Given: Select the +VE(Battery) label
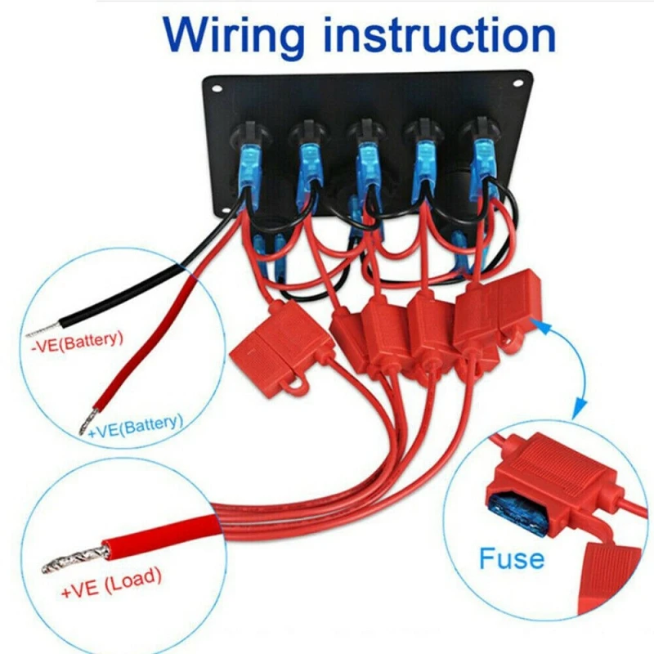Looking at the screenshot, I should (x=136, y=426).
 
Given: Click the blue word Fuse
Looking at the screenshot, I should (x=511, y=559).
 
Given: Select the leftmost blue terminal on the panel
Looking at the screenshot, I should (x=246, y=168).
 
